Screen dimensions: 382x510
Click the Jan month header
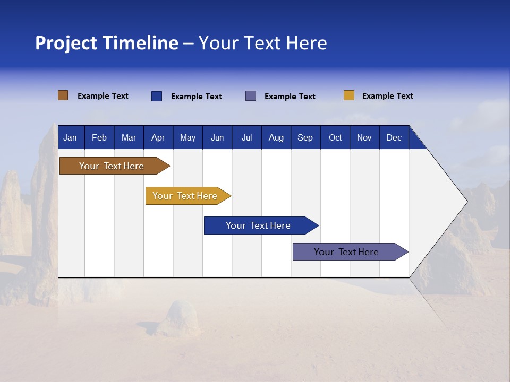pyautogui.click(x=70, y=138)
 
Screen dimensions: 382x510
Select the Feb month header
pyautogui.click(x=99, y=138)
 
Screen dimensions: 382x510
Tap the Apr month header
pyautogui.click(x=158, y=138)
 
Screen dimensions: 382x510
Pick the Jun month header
pyautogui.click(x=217, y=138)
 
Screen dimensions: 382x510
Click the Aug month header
pyautogui.click(x=276, y=138)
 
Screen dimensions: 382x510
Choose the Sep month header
pyautogui.click(x=305, y=138)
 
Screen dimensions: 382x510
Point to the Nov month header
pyautogui.click(x=364, y=138)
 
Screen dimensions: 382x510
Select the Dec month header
pyautogui.click(x=394, y=138)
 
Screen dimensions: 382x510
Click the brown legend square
pyautogui.click(x=63, y=95)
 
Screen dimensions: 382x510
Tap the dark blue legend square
pyautogui.click(x=157, y=96)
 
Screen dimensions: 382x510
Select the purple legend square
pyautogui.click(x=251, y=96)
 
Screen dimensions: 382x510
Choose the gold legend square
pyautogui.click(x=349, y=95)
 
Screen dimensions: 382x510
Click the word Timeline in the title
pyautogui.click(x=140, y=43)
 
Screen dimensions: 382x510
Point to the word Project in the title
pyautogui.click(x=65, y=43)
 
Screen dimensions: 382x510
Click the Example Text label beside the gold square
pyautogui.click(x=387, y=96)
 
